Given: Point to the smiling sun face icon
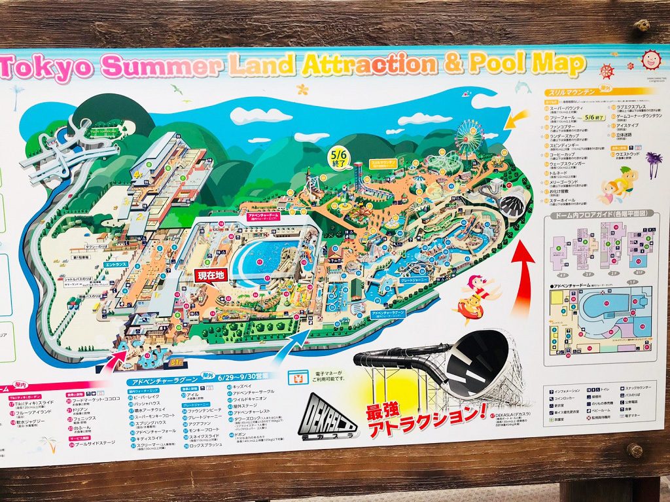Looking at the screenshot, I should [651, 60].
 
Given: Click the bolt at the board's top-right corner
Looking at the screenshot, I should [643, 25].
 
